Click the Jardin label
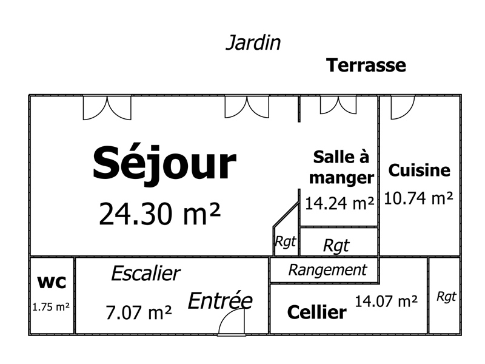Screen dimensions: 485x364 coord(253,42)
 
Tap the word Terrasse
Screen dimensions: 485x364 coord(366,66)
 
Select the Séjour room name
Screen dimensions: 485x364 coord(164,164)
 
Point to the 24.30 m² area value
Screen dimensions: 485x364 coord(159,214)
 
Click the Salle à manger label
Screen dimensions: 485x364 coord(341,167)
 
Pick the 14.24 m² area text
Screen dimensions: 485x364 coord(339,203)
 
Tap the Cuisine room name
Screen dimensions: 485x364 coord(419,170)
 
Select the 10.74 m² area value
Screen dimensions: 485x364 coord(418,198)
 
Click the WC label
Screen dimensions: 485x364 coord(52,282)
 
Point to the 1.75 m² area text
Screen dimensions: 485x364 coord(51,307)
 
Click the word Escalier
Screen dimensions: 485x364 coord(145,274)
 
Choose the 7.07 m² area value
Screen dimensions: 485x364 coord(139,312)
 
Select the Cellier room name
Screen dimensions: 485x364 coord(316,312)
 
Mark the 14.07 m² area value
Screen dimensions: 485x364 coord(386,301)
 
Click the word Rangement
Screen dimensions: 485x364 coord(327,270)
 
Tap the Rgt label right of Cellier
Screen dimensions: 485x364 coord(446,297)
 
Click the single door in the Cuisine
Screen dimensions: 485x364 coord(403,107)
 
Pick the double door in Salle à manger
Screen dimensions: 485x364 coord(338,104)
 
